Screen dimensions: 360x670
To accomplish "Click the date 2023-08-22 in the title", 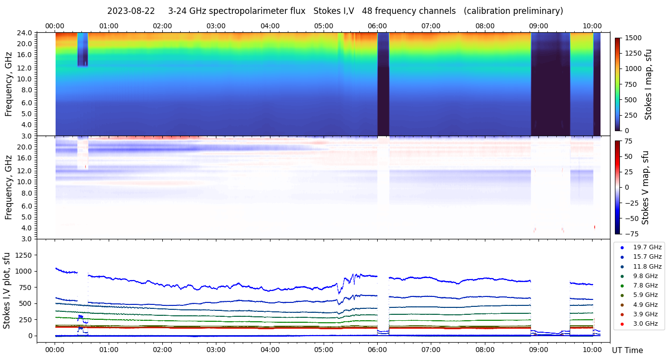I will click(x=131, y=11).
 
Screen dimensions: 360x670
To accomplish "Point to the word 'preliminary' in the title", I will click(x=538, y=11).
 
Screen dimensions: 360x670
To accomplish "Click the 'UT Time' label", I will click(x=627, y=351).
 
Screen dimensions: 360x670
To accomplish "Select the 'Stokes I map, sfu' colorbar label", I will click(x=648, y=84).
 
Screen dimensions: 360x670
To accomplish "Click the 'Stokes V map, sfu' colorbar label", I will click(x=645, y=187).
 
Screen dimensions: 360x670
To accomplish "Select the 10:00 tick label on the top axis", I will click(x=592, y=26).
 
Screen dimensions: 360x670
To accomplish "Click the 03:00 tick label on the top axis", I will click(x=216, y=26).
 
